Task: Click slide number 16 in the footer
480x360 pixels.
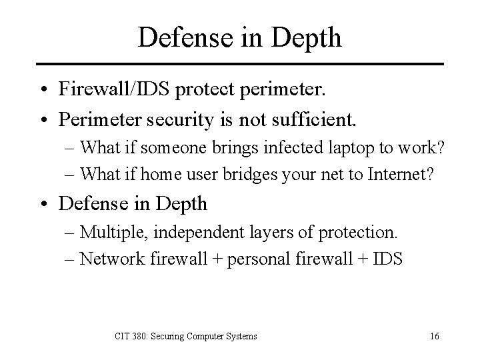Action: tap(433, 337)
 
